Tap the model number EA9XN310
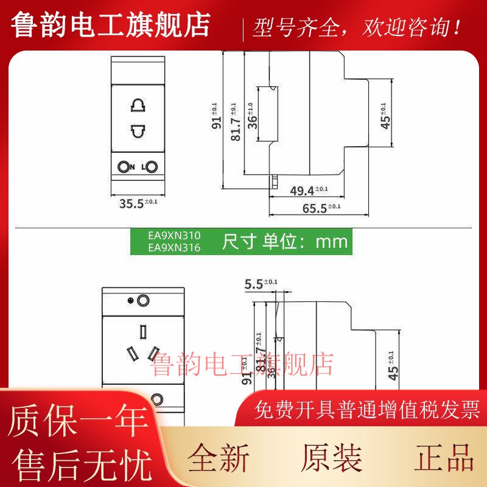click(174, 234)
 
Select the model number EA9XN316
click(174, 247)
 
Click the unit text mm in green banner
click(331, 242)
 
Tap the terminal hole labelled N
click(124, 167)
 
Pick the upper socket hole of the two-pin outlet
click(138, 105)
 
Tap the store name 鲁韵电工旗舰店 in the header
click(111, 26)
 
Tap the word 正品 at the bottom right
click(445, 458)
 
